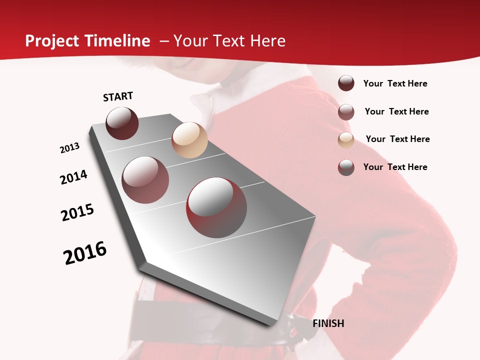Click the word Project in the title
point(52,41)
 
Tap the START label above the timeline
point(118,96)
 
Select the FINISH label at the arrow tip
point(328,323)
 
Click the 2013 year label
point(70,148)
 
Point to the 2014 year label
point(73,177)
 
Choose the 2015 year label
point(77,212)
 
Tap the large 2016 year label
point(85,253)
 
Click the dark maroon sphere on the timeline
point(122,123)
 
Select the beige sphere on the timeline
point(189,140)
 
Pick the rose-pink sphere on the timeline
point(145,180)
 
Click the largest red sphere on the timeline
point(216,207)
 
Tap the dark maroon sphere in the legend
point(346,83)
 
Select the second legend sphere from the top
point(346,112)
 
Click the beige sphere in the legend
point(346,140)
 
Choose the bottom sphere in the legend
point(346,167)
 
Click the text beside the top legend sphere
point(395,84)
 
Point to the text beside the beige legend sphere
point(397,139)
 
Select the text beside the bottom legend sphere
point(395,167)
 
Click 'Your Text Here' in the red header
point(229,41)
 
